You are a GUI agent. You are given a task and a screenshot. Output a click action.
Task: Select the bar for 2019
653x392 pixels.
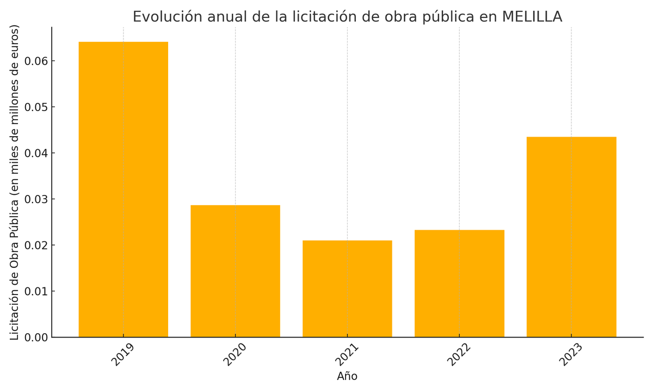click(124, 189)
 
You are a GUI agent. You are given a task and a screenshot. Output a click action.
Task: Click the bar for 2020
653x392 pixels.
click(235, 271)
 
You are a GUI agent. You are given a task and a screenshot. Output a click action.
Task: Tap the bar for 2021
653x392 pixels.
click(347, 289)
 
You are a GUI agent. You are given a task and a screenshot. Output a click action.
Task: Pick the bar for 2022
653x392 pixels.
click(459, 284)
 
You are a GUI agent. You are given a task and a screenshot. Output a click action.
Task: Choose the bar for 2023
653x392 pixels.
click(571, 237)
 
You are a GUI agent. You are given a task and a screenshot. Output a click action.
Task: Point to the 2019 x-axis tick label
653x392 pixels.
click(122, 355)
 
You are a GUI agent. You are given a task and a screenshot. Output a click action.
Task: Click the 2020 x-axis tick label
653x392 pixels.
click(235, 355)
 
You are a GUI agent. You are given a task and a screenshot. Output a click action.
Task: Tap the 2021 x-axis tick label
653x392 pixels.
click(347, 355)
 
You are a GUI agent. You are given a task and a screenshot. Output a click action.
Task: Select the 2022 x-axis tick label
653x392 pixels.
click(459, 355)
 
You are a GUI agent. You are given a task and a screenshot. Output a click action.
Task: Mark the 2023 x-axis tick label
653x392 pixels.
click(571, 355)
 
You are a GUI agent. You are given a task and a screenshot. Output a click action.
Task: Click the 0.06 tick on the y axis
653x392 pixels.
click(36, 61)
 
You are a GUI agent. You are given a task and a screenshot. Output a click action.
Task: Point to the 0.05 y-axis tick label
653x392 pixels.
click(36, 107)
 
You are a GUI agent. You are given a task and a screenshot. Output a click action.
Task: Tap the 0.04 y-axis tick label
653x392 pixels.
click(36, 153)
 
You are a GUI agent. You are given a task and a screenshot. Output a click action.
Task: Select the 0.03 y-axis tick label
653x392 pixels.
click(36, 199)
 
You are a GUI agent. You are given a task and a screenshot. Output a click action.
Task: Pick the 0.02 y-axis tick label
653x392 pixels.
click(36, 246)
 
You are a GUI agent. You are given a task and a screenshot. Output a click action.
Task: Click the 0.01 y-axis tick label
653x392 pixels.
click(36, 292)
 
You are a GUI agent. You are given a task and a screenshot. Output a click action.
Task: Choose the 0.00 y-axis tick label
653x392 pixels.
click(36, 338)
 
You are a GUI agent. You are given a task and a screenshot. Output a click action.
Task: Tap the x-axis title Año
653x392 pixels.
click(347, 376)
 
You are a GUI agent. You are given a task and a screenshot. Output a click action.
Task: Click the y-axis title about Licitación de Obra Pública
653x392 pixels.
click(15, 182)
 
